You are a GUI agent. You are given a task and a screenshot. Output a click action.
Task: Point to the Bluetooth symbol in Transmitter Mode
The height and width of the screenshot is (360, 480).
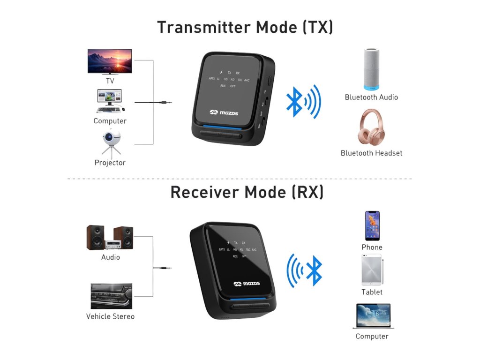294,102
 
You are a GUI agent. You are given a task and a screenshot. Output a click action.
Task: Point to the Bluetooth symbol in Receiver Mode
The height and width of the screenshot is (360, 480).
314,271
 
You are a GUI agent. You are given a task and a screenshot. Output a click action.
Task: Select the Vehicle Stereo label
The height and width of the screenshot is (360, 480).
110,316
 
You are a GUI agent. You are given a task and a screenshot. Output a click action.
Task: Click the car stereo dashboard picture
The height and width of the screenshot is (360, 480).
111,296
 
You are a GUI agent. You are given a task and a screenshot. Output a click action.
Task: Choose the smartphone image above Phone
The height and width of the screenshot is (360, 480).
372,225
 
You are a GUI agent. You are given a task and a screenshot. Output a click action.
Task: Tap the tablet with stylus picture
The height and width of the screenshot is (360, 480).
372,270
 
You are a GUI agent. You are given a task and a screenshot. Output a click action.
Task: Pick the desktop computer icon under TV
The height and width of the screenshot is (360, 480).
110,101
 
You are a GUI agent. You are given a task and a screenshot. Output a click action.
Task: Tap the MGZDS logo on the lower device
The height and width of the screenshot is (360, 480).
247,284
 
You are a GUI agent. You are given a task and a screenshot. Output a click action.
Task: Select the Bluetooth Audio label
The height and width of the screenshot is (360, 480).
371,97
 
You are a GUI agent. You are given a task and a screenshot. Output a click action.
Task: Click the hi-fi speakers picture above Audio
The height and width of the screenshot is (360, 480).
110,238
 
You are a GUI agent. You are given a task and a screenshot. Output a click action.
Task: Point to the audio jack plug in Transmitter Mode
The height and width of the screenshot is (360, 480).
164,102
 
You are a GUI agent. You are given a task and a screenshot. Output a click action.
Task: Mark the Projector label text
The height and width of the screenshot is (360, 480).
110,163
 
